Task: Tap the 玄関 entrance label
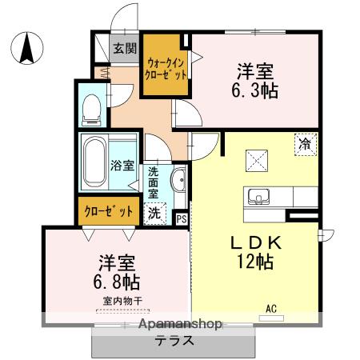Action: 124,48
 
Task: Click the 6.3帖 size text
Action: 258,89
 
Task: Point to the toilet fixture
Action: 92,105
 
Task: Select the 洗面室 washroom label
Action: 153,182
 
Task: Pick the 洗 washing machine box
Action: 154,213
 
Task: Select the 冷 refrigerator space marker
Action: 305,144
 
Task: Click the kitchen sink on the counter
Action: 261,197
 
